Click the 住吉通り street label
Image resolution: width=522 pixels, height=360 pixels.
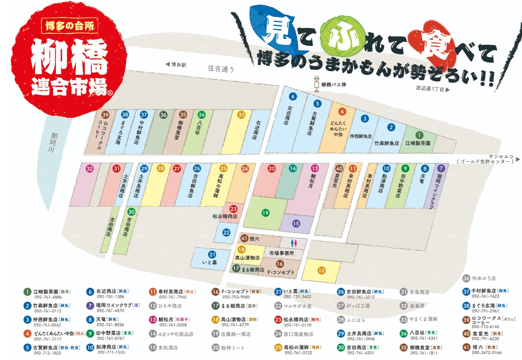[x=221, y=69]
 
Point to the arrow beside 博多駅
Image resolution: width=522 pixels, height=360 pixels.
[x=168, y=65]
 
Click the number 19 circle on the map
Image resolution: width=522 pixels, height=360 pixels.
[x=265, y=213]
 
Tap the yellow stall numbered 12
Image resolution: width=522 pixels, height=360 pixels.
[x=321, y=270]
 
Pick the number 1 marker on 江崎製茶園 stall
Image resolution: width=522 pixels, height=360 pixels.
[x=419, y=135]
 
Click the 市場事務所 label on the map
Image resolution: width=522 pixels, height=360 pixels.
[x=282, y=254]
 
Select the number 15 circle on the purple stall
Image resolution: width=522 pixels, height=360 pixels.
[x=296, y=223]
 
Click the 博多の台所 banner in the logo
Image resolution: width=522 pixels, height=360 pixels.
[x=70, y=25]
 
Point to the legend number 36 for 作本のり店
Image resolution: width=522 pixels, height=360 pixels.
[x=466, y=278]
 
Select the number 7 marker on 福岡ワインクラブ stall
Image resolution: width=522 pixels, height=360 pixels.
[x=440, y=168]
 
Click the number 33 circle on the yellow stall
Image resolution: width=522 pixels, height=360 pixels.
[x=241, y=115]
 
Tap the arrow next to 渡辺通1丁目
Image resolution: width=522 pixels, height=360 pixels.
[x=448, y=89]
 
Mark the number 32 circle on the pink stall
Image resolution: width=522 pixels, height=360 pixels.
[x=90, y=168]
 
